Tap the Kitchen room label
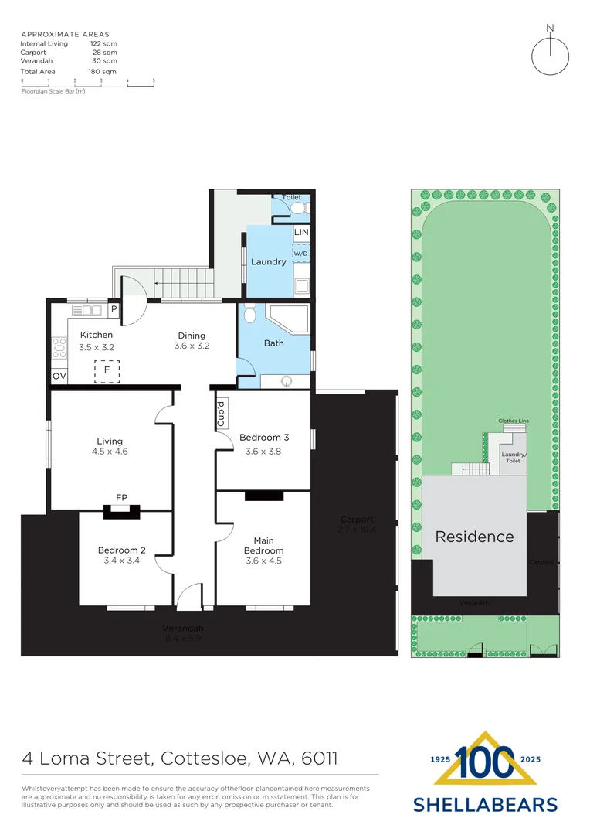97,335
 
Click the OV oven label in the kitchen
59,377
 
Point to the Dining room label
192,336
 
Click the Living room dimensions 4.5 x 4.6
110,452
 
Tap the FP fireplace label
121,497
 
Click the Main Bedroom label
263,545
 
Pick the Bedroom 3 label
264,437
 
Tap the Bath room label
274,343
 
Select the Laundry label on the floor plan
269,261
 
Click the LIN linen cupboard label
301,232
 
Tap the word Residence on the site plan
474,537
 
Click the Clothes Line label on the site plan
514,421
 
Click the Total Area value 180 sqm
103,71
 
